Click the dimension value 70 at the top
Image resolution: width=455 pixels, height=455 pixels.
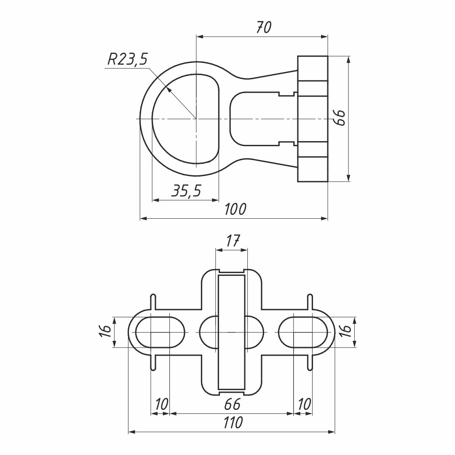click(x=264, y=27)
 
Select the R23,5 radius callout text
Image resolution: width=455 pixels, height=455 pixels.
click(x=128, y=59)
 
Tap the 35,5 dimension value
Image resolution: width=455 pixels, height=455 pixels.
click(x=186, y=191)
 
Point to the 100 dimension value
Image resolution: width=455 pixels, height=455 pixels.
click(x=236, y=209)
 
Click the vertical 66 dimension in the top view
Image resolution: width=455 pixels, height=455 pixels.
click(x=339, y=118)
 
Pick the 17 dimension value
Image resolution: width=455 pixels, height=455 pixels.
click(x=233, y=241)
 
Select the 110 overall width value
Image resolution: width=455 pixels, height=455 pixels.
click(x=233, y=423)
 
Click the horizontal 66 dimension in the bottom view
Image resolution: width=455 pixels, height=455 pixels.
click(x=233, y=404)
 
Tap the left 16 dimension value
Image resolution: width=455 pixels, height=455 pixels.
click(x=105, y=332)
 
